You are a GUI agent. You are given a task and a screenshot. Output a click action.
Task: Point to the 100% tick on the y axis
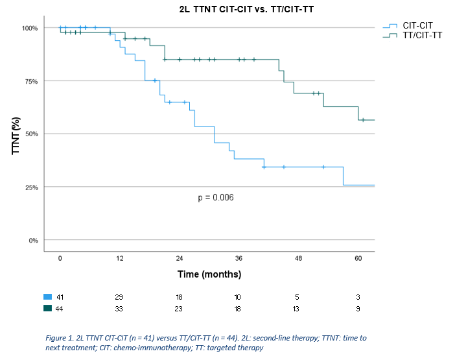click(30, 28)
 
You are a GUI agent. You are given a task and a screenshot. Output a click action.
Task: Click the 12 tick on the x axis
click(120, 259)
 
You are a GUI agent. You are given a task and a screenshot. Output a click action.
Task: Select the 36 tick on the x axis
click(239, 259)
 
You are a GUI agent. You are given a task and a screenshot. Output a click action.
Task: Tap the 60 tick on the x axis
click(358, 259)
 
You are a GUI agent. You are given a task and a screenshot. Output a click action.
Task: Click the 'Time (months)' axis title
click(209, 274)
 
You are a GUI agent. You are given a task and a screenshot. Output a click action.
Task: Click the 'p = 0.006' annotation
click(216, 197)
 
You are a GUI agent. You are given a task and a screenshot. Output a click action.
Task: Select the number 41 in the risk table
click(60, 296)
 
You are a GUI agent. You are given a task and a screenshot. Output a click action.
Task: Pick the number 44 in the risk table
click(60, 309)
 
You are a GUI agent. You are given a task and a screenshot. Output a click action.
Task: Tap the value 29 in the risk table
click(120, 296)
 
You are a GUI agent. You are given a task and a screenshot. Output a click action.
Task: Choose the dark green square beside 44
click(48, 309)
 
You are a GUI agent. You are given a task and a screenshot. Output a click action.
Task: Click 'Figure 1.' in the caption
click(62, 339)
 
